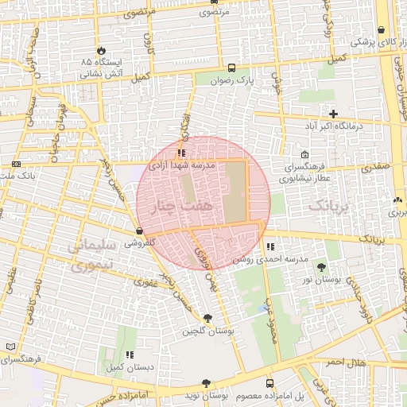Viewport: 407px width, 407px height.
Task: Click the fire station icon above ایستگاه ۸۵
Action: (100, 49)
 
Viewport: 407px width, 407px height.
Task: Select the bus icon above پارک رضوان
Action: (231, 68)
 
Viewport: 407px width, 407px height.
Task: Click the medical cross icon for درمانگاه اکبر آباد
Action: (333, 114)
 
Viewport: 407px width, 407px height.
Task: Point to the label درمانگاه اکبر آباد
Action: (334, 126)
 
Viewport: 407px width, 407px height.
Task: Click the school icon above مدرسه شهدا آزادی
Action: (182, 153)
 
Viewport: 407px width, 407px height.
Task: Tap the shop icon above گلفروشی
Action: (140, 231)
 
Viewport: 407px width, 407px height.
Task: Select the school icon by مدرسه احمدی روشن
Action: (271, 247)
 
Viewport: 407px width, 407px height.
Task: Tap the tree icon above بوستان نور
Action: (321, 268)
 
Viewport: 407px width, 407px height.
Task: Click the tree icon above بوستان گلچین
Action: (208, 318)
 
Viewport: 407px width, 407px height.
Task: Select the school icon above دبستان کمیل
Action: (129, 355)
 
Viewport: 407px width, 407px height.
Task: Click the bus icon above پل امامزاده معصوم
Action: (269, 383)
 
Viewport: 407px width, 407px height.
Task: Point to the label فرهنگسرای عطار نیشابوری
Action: (305, 173)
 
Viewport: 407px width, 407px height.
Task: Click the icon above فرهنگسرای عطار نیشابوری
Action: (305, 155)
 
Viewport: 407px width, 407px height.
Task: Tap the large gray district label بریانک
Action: (327, 206)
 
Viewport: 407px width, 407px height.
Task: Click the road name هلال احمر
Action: (346, 362)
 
